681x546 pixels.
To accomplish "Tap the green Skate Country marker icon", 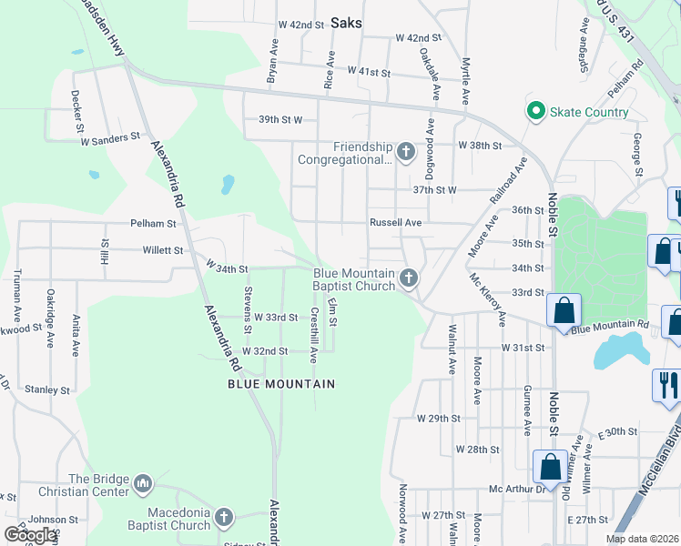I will [x=534, y=112].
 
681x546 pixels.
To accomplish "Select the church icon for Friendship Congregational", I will [x=406, y=150].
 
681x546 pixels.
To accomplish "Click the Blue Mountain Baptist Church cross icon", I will [x=410, y=277].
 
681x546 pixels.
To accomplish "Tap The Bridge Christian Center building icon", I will [x=142, y=483].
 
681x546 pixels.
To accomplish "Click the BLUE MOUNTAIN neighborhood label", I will [x=281, y=384].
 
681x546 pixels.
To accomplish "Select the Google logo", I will [x=29, y=535].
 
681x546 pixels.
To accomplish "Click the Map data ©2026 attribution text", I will [x=642, y=539].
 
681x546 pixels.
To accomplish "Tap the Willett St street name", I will [x=162, y=249].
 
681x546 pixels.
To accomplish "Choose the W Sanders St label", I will [x=110, y=136].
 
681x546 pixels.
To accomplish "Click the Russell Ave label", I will [x=395, y=222].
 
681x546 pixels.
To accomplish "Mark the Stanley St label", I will [x=47, y=389].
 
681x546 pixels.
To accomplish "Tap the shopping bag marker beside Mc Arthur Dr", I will [x=551, y=467].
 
